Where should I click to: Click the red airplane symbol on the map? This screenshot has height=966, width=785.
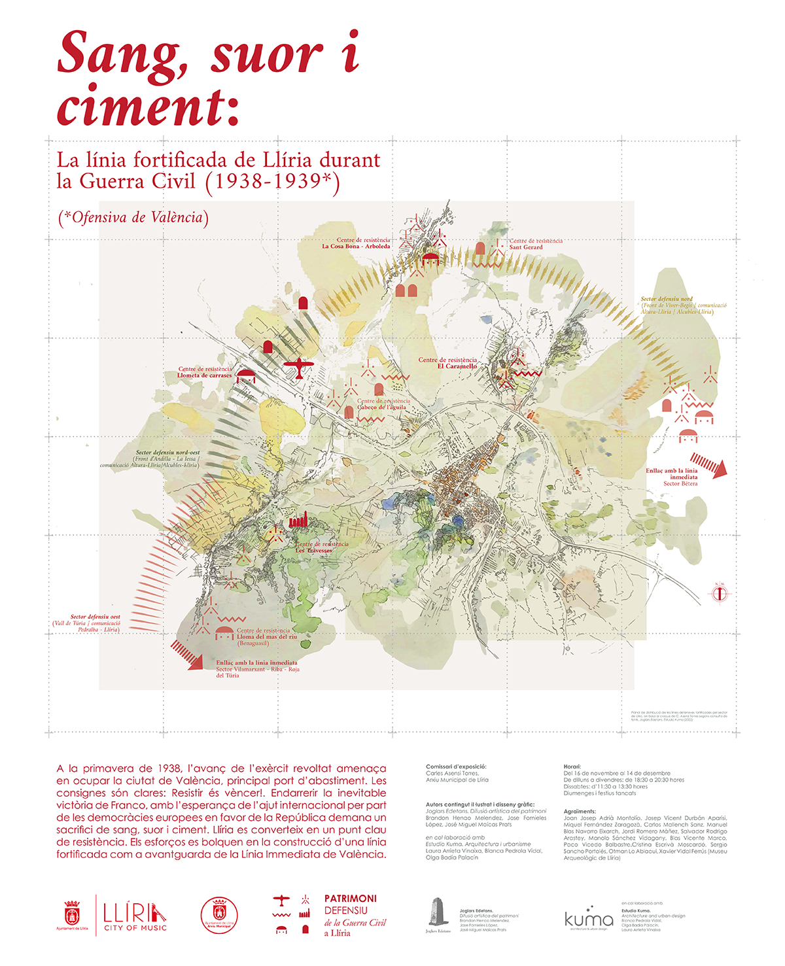tap(298, 368)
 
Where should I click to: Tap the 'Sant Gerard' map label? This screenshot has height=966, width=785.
tap(526, 247)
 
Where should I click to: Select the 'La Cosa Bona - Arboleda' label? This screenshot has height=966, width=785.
tap(356, 247)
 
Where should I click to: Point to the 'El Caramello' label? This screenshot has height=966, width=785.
tap(457, 366)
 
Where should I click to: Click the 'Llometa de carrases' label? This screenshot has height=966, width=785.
tap(205, 375)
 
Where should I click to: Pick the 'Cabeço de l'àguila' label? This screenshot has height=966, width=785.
tap(382, 407)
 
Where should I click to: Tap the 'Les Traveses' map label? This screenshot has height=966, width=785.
tap(314, 551)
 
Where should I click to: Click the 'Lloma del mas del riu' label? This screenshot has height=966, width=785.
tap(267, 636)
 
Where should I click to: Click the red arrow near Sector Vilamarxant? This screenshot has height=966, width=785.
tap(186, 655)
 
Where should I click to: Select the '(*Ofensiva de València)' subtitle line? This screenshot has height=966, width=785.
tap(133, 218)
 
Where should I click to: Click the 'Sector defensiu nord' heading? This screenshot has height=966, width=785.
tap(667, 299)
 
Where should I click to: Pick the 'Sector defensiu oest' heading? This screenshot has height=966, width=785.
tap(96, 617)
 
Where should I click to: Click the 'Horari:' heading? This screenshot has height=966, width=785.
tap(572, 767)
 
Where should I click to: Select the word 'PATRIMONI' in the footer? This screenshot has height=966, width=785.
tap(351, 899)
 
